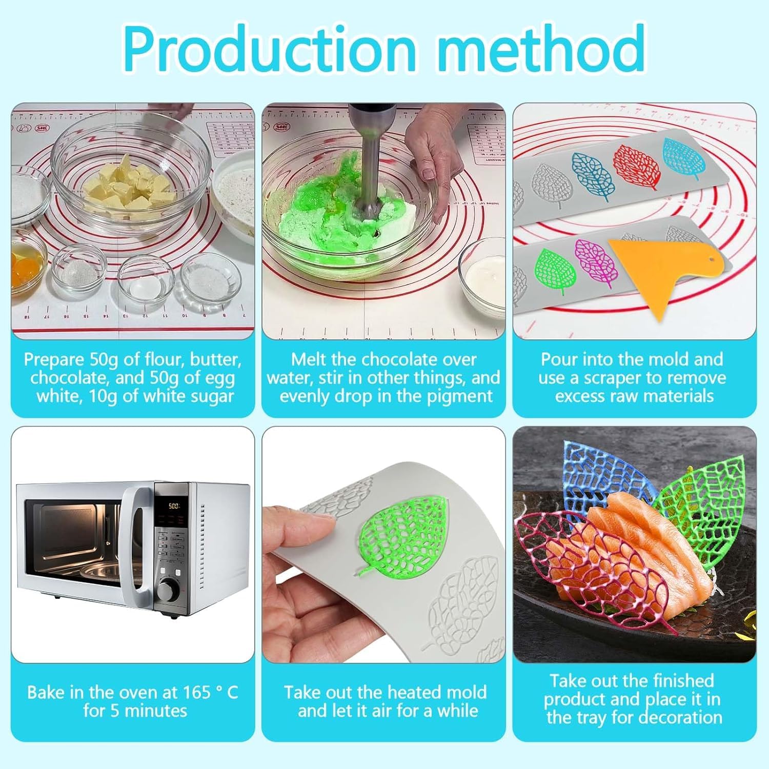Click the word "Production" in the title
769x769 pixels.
[270, 47]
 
